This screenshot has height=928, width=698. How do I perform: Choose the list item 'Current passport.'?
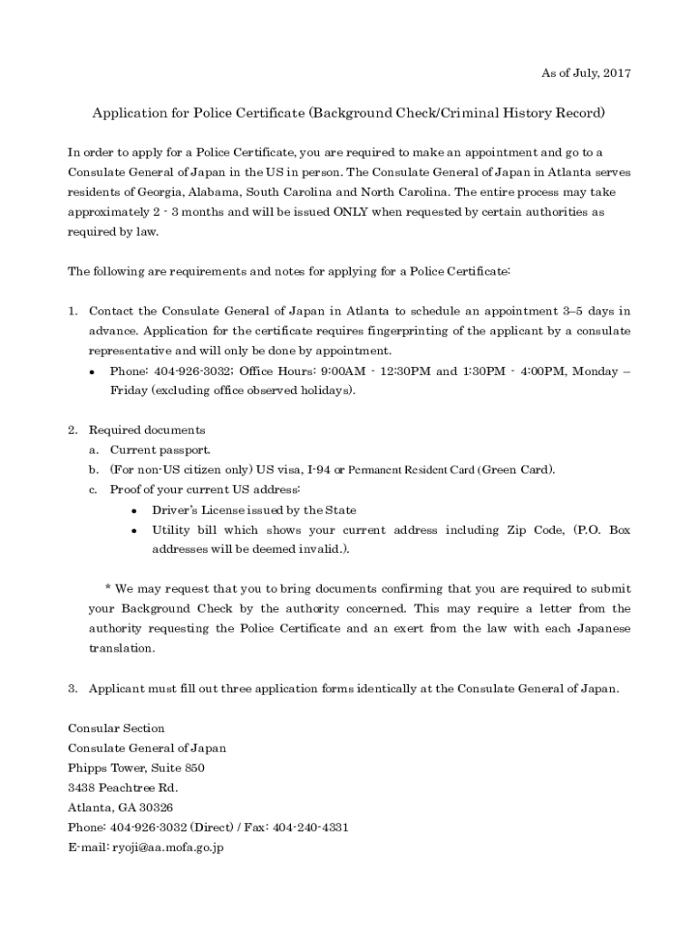(160, 449)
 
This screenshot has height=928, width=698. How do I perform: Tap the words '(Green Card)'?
(516, 469)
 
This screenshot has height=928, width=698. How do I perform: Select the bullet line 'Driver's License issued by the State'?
(254, 510)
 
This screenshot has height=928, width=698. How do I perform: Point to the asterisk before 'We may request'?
(107, 589)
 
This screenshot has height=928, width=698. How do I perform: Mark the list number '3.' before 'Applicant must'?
(73, 689)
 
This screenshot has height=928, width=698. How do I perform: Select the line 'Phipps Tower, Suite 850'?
(136, 768)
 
